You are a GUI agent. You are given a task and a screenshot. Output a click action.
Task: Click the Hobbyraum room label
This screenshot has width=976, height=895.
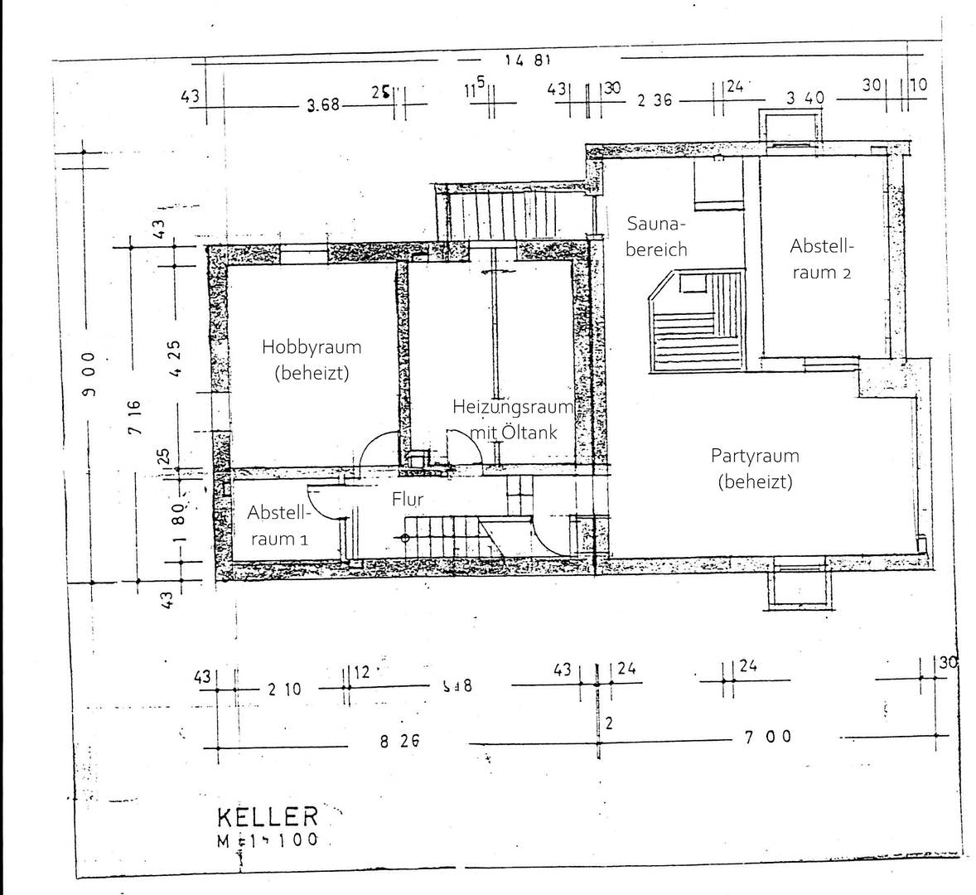(312, 360)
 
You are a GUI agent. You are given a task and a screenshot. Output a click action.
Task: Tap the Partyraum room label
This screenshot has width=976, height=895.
(755, 468)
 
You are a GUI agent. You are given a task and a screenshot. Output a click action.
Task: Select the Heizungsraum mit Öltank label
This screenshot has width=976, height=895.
(513, 419)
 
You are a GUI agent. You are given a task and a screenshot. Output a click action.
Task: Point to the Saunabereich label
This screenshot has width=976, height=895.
(657, 236)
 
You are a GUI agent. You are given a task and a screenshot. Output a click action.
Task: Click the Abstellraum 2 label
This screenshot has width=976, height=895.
(821, 259)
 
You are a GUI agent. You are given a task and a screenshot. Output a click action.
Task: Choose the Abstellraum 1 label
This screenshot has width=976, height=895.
(278, 526)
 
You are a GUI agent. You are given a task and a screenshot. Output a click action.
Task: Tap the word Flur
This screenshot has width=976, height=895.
(408, 499)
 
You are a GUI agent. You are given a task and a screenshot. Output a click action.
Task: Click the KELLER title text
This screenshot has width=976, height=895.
(268, 816)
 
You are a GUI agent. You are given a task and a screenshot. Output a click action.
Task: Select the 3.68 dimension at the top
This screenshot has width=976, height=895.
(323, 105)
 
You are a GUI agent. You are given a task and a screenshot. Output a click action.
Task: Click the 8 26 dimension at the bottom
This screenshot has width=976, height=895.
(399, 742)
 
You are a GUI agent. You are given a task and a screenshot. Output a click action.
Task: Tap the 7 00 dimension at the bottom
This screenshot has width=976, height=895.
(768, 736)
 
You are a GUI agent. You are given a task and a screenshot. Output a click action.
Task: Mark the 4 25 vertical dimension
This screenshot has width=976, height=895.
(175, 358)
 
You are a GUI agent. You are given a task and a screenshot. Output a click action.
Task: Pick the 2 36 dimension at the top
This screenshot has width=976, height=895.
(654, 101)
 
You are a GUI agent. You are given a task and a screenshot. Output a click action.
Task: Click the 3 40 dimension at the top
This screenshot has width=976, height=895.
(805, 98)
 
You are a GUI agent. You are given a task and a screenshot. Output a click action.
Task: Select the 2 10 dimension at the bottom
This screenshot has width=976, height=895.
(285, 689)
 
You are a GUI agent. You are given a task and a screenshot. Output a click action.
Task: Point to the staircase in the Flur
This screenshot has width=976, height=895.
(443, 535)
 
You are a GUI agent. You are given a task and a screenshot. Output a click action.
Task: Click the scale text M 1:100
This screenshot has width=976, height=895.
(268, 839)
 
